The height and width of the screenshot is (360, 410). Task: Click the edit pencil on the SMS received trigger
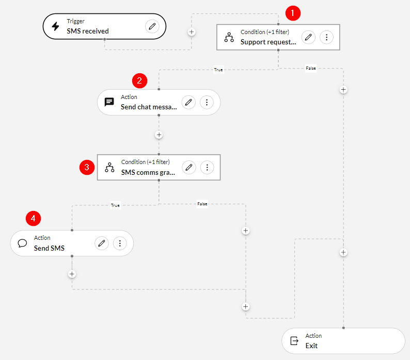152,26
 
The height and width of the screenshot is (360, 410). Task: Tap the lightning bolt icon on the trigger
55,26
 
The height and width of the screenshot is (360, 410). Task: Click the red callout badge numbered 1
293,13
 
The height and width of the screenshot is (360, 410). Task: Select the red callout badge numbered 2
139,80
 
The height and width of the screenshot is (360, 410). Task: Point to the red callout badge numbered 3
87,167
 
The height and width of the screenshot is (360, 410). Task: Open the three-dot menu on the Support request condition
326,37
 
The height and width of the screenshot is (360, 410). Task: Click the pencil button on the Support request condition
308,37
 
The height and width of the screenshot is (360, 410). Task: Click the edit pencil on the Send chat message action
189,102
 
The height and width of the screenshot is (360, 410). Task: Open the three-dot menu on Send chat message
207,102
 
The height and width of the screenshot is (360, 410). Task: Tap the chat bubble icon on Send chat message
109,102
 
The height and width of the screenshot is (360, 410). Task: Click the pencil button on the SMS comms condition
189,167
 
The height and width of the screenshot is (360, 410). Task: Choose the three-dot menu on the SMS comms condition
207,167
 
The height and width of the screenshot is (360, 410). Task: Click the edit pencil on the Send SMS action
102,243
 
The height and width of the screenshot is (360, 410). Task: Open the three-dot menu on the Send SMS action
120,243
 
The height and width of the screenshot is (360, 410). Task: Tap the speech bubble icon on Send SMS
22,243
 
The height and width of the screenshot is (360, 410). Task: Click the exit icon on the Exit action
294,341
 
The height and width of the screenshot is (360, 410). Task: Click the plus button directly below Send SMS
72,274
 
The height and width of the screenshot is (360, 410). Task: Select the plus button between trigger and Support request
192,31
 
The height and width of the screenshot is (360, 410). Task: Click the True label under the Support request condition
218,70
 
